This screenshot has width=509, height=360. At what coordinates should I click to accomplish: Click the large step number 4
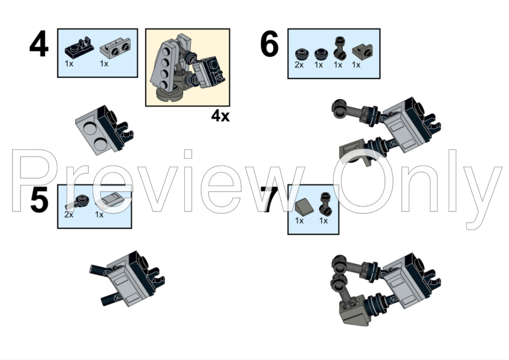tap(39, 43)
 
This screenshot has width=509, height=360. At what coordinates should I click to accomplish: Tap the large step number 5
tap(39, 199)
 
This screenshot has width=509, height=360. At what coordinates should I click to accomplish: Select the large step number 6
tap(270, 43)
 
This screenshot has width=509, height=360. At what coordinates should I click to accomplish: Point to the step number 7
tap(269, 199)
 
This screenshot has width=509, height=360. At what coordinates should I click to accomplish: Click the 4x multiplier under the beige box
tap(221, 116)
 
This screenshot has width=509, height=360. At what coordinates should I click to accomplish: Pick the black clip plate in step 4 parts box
tap(79, 48)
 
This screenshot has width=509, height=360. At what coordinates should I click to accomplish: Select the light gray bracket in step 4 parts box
tap(115, 49)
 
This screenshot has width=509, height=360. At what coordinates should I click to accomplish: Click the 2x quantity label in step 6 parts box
tap(299, 65)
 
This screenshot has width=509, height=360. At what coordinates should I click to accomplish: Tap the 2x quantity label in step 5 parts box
tap(69, 214)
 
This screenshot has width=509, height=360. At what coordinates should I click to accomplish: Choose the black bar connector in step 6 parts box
tap(340, 48)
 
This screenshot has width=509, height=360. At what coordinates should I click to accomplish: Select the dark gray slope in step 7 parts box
tap(305, 206)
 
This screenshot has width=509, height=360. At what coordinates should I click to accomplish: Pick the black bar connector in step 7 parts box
tap(326, 204)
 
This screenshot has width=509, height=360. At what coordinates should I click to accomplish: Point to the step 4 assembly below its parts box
tap(104, 130)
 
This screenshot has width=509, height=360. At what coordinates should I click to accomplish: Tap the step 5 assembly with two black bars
tap(127, 279)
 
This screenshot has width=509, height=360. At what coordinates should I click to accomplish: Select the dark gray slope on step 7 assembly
tap(355, 312)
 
